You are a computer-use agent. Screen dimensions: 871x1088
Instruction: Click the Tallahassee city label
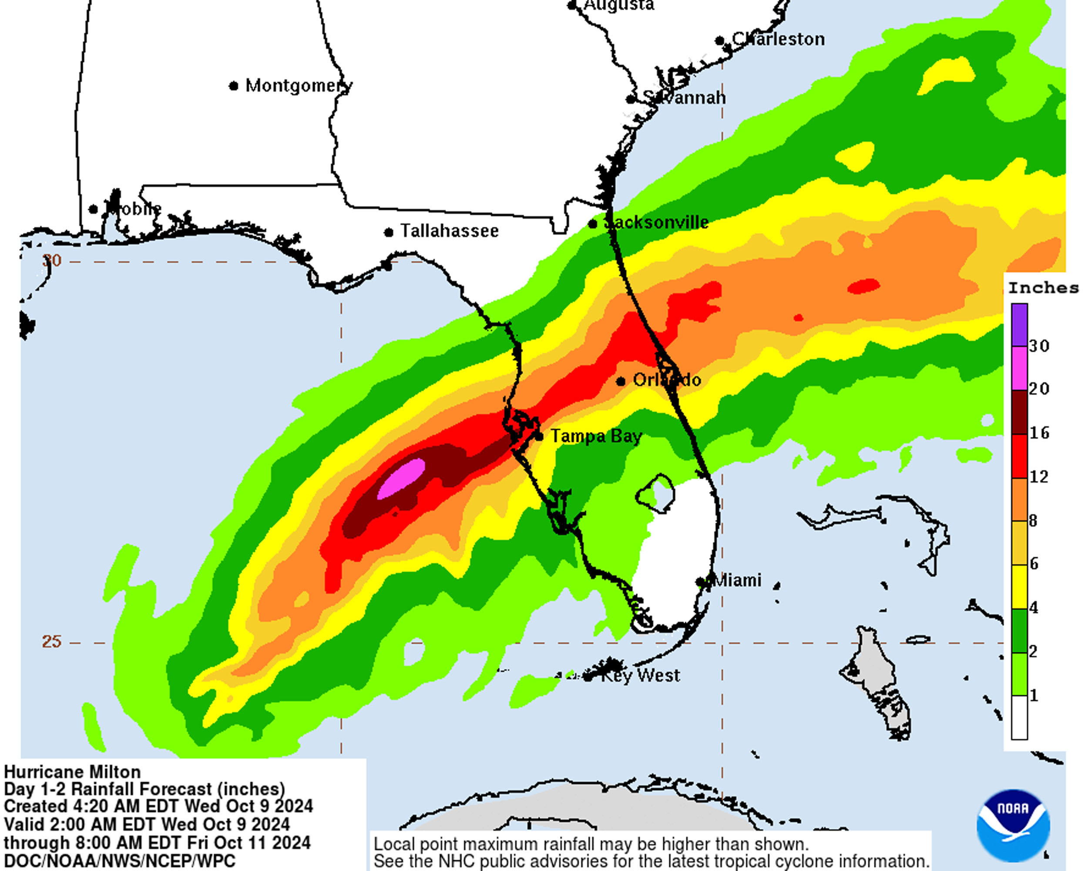coord(449,231)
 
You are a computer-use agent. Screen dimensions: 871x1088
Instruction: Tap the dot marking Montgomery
coord(233,86)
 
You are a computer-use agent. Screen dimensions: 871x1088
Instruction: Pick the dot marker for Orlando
coord(621,381)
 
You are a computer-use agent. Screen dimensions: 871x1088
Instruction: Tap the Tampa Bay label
coord(595,436)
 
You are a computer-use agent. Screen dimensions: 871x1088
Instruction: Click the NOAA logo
coord(1013,826)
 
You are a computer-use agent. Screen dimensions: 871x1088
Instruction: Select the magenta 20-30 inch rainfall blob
coord(402,478)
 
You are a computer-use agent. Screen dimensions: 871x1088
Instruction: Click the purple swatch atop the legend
coord(1019,324)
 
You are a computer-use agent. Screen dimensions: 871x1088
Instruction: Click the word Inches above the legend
coord(1043,288)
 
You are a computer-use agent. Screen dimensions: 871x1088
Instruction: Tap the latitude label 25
coord(51,642)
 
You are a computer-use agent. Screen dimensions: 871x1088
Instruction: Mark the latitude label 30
coord(51,261)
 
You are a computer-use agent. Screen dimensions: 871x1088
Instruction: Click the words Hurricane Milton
coord(72,772)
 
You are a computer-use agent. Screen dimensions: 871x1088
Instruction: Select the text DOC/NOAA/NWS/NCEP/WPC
coord(120,861)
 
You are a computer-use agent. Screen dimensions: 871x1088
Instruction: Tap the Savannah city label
coord(684,98)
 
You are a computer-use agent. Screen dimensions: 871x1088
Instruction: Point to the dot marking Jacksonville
coord(592,224)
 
